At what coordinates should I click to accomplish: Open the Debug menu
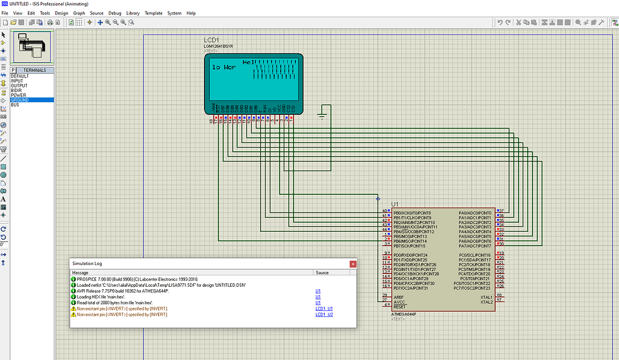point(114,13)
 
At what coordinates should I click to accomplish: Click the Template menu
point(153,13)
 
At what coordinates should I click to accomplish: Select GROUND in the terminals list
point(19,100)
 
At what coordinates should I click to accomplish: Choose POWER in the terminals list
point(18,95)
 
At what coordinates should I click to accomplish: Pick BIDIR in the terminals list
point(16,90)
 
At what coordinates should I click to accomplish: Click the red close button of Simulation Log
point(353,264)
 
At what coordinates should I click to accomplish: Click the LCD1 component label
point(211,40)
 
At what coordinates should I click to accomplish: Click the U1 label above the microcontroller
point(395,204)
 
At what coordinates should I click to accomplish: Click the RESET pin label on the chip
point(400,307)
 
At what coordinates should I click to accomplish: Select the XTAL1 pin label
point(486,297)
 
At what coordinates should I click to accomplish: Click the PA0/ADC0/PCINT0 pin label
point(475,213)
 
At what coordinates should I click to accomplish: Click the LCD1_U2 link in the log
point(324,315)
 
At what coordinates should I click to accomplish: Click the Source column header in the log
point(322,273)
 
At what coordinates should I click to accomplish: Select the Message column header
point(80,273)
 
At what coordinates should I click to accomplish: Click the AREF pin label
point(399,297)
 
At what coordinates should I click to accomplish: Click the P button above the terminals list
point(13,70)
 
